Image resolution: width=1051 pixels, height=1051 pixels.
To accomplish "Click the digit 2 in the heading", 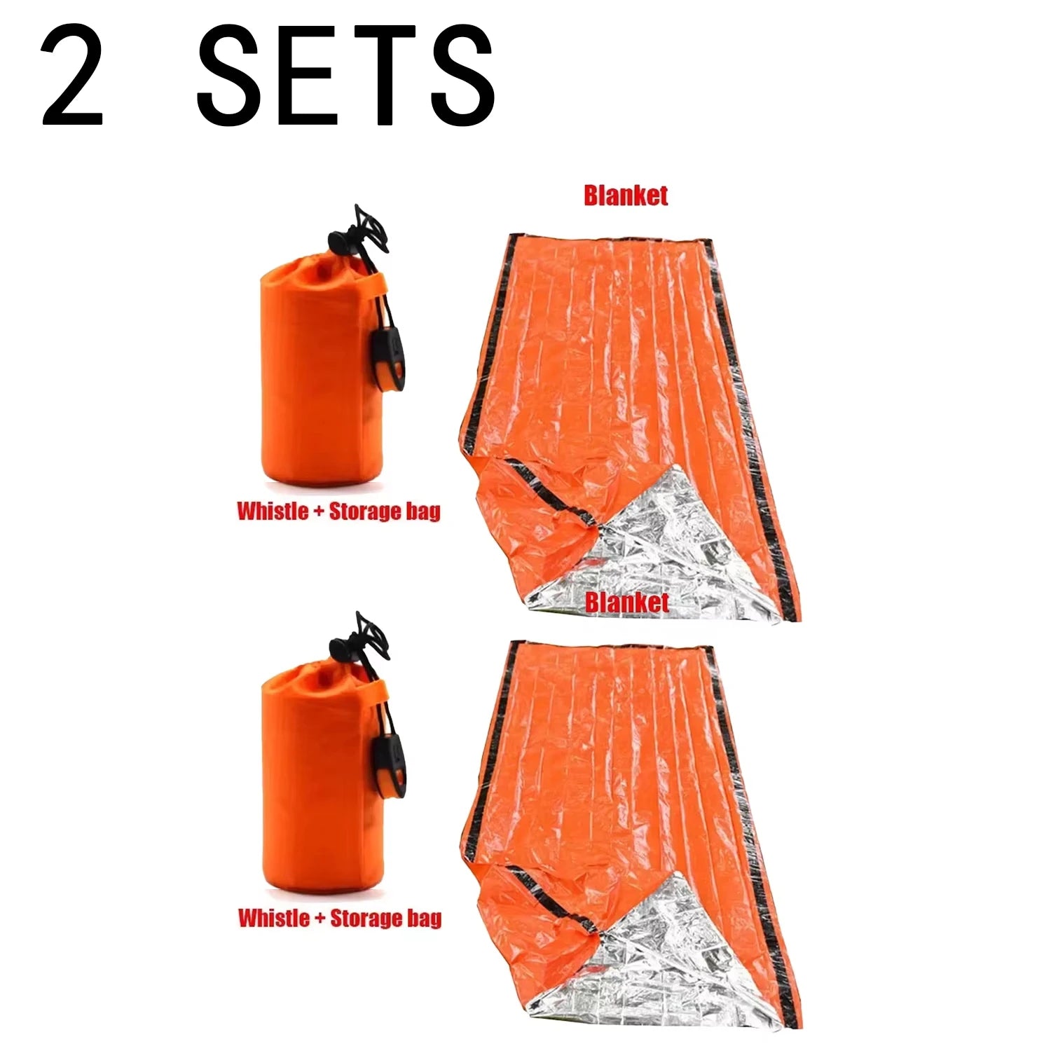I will [x=72, y=76].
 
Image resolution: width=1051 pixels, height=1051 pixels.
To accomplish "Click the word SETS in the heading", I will [x=345, y=76].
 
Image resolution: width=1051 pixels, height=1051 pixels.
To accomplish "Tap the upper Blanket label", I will [x=626, y=195].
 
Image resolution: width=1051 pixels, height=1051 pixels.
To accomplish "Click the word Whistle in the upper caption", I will [x=273, y=511].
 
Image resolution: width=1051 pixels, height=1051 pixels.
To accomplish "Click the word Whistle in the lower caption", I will [x=273, y=917].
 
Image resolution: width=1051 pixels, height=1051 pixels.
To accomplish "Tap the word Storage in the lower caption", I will [x=364, y=917].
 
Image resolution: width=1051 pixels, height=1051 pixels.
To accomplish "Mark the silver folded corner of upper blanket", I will [x=652, y=554].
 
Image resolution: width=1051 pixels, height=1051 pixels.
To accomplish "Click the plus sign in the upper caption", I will [x=318, y=511].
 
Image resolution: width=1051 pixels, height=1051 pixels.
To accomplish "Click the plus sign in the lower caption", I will [x=319, y=918].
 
